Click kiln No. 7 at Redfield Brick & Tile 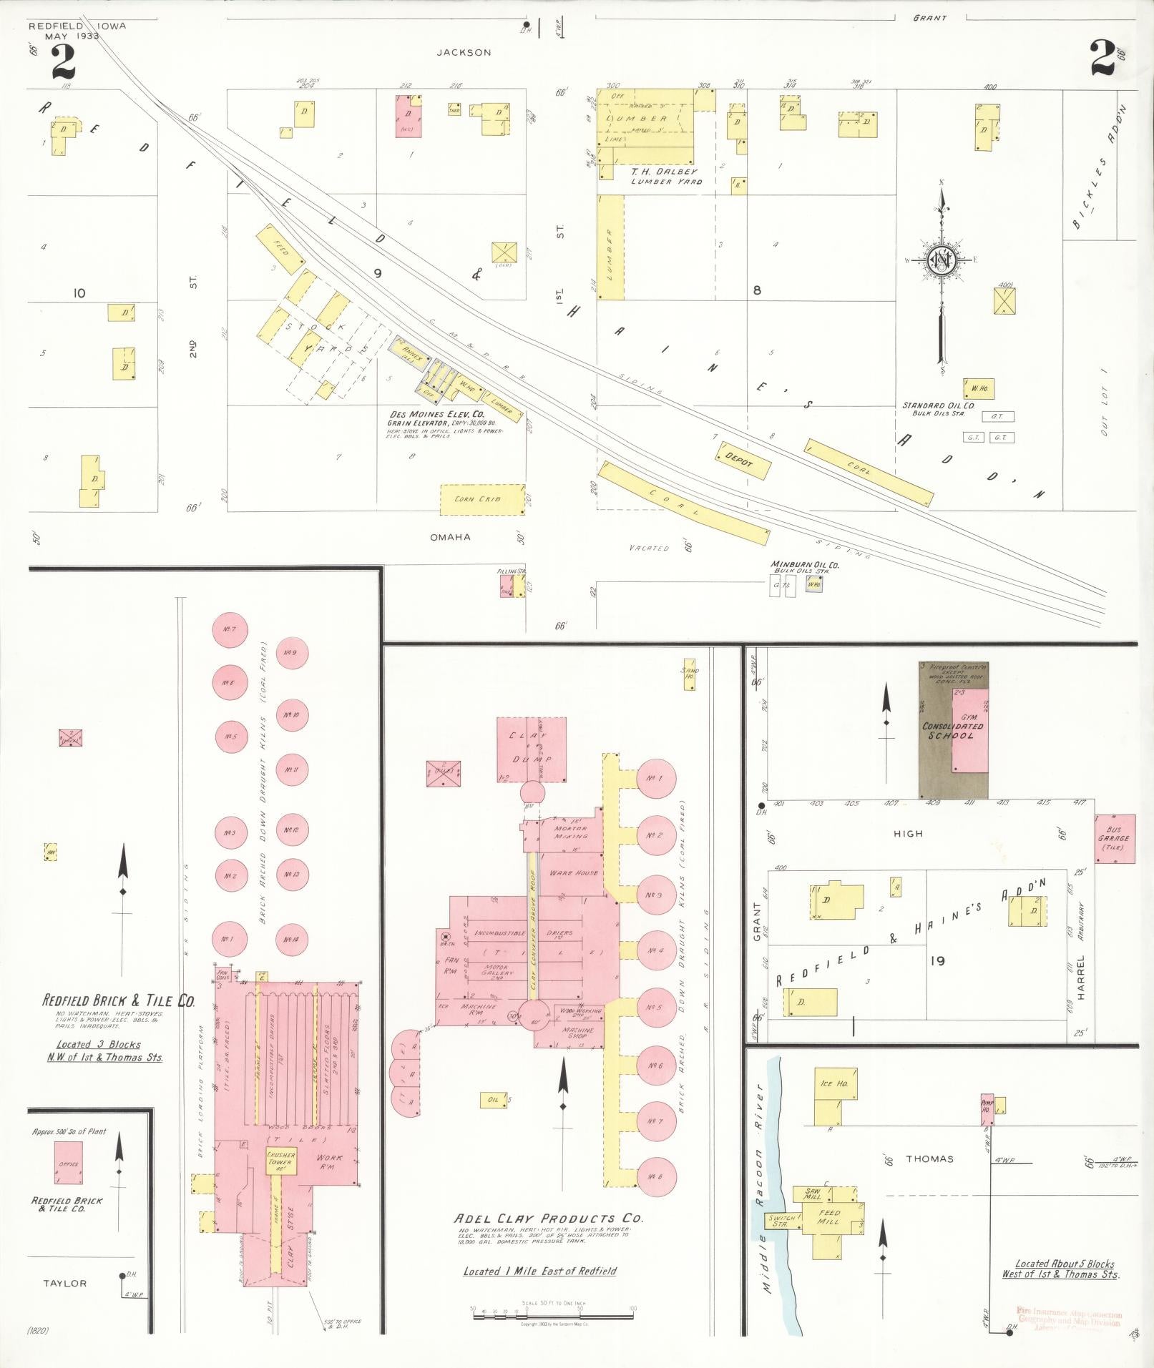point(230,629)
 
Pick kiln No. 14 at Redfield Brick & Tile point(290,939)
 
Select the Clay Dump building point(532,750)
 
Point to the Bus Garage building point(1115,838)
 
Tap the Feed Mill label point(829,1216)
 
